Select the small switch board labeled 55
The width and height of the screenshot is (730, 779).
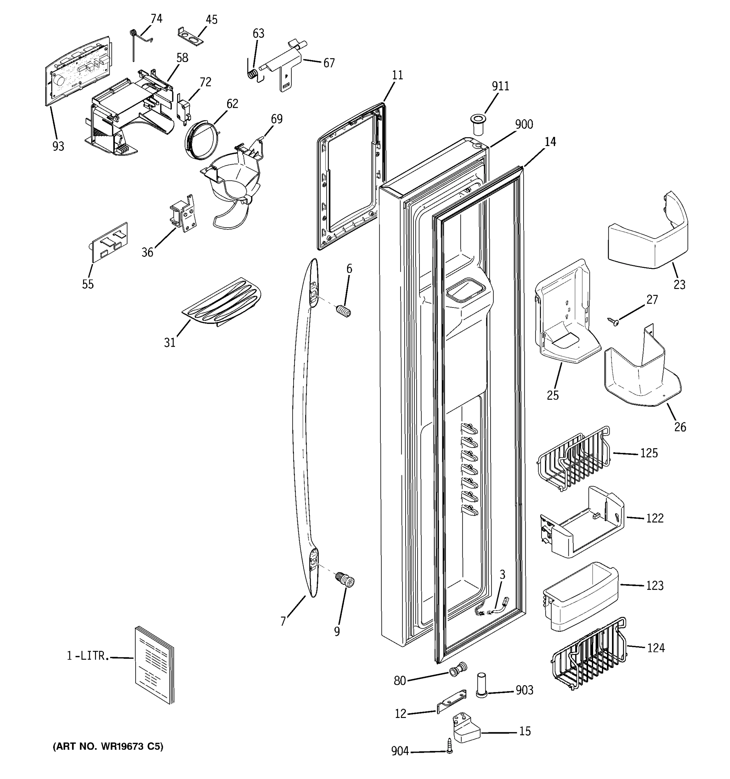(109, 242)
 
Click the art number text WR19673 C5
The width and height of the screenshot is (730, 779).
(108, 747)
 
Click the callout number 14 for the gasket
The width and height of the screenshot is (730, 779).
(550, 142)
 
